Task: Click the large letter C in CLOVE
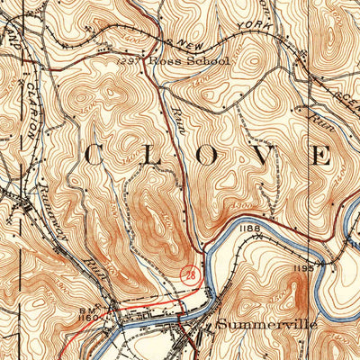[92, 155]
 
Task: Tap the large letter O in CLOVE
[207, 155]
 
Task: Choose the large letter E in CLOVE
[322, 155]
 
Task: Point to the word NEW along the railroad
[188, 43]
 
